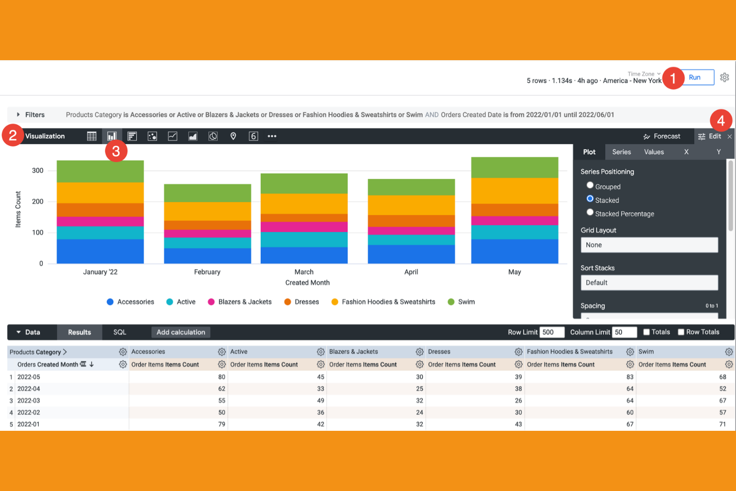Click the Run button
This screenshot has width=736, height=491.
coord(695,78)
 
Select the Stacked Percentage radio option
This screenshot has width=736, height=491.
coord(590,212)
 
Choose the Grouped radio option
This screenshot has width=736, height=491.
coord(590,186)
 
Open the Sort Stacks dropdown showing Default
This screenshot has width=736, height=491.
coord(649,283)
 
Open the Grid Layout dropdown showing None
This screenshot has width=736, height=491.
coord(649,245)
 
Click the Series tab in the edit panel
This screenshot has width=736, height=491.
coord(621,152)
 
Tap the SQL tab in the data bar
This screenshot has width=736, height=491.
coord(120,332)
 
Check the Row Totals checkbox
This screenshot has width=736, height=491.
coord(681,332)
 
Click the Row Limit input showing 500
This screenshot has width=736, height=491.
coord(552,332)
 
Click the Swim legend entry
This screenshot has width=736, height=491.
coord(461,302)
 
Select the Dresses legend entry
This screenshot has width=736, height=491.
coord(301,302)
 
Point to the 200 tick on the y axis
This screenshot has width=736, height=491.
coord(38,201)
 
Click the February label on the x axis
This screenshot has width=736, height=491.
coord(207,272)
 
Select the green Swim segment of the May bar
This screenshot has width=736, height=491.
coord(515,168)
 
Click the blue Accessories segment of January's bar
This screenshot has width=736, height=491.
coord(100,251)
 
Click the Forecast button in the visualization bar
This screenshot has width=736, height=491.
coord(661,136)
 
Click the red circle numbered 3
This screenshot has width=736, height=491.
coord(116,151)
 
